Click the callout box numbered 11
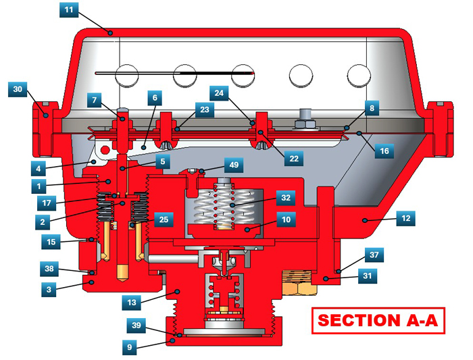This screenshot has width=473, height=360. (x=69, y=9)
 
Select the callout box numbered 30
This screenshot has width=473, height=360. (x=18, y=89)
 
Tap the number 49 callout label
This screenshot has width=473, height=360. (x=234, y=165)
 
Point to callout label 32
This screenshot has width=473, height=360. (x=286, y=198)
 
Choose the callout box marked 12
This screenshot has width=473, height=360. (x=405, y=218)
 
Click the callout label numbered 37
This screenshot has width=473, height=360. (x=374, y=255)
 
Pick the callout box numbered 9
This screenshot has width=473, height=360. (x=130, y=347)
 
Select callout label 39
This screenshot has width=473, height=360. (x=136, y=326)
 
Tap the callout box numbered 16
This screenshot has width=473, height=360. (x=384, y=151)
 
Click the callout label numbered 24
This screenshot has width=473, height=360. (x=219, y=93)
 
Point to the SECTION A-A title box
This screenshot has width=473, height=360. (x=378, y=321)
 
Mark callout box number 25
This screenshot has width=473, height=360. (x=164, y=220)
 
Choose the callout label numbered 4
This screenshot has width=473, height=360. (x=39, y=169)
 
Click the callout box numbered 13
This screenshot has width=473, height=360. (x=132, y=303)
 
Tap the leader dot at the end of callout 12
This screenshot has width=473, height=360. (x=365, y=220)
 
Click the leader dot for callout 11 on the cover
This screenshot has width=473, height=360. (x=111, y=32)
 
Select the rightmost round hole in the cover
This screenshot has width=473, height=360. (x=359, y=76)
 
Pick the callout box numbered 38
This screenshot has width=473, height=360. (x=49, y=269)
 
